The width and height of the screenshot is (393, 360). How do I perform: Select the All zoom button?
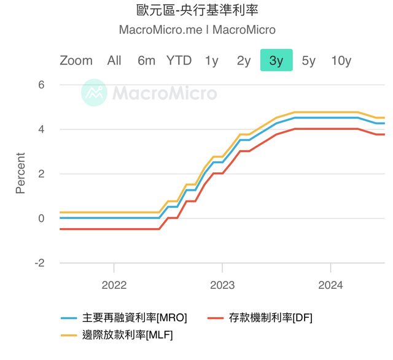(x=114, y=60)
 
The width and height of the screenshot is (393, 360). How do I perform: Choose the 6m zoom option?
(x=146, y=60)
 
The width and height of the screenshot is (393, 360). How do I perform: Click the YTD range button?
(x=179, y=60)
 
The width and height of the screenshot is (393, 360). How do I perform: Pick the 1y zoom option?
(x=211, y=60)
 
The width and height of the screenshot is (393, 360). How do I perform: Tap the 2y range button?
(x=244, y=60)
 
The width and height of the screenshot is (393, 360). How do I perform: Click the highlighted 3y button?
(x=276, y=60)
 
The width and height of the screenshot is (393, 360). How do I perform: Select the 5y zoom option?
(x=308, y=60)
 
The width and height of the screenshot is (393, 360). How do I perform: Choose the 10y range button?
(x=341, y=60)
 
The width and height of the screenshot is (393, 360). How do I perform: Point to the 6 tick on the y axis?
(x=42, y=85)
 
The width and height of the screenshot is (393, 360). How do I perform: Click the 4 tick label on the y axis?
(x=42, y=129)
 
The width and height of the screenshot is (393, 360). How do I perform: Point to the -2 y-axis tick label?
(x=39, y=262)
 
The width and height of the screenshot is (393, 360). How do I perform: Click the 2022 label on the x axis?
(x=114, y=285)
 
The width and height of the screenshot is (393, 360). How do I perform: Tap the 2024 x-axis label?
(x=330, y=285)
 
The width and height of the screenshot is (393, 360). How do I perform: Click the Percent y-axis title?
(x=20, y=174)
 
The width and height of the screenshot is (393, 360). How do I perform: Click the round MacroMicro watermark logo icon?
(x=95, y=93)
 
